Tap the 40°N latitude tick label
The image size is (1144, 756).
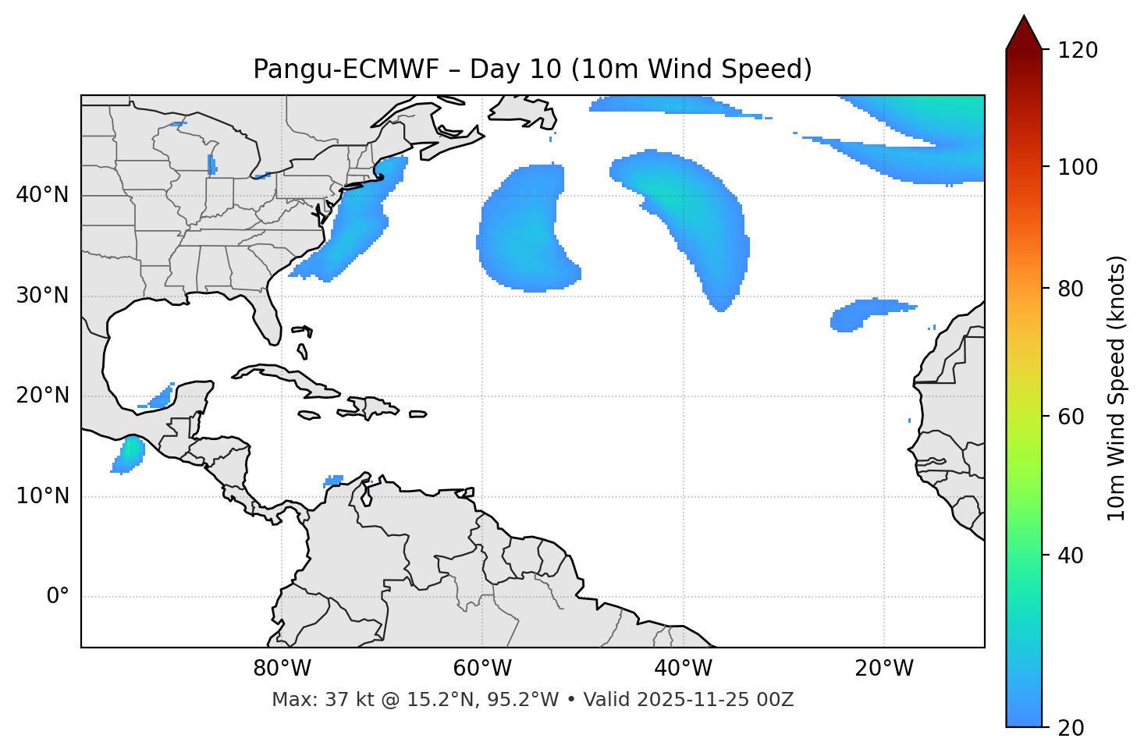click(42, 195)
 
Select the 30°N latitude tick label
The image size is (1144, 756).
click(42, 296)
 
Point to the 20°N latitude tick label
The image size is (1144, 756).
click(42, 396)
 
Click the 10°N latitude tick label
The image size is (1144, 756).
click(42, 496)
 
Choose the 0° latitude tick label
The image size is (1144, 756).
click(58, 597)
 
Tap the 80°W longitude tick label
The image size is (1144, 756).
click(282, 669)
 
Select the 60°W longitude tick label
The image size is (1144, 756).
click(482, 669)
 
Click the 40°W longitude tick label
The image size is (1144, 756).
click(683, 669)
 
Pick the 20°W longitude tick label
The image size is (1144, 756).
click(884, 669)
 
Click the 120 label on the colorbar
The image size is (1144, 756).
click(1078, 50)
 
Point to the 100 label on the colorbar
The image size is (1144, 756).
click(1078, 167)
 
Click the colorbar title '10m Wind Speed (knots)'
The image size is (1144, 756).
click(1117, 389)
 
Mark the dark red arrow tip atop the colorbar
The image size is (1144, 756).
click(1024, 30)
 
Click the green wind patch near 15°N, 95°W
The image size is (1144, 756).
click(131, 451)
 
